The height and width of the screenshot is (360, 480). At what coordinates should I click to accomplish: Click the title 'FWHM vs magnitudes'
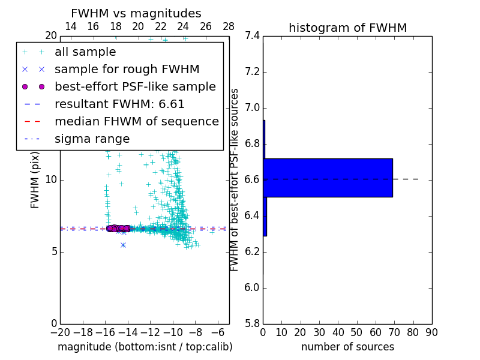point(136,13)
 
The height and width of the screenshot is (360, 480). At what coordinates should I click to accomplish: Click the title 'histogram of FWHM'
point(347,28)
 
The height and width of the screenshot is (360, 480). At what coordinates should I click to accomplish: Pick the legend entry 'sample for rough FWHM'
point(127,70)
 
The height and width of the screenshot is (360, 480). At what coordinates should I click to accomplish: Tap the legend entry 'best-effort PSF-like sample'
point(135,87)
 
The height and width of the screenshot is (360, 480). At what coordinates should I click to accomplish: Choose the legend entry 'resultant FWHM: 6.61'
point(119,104)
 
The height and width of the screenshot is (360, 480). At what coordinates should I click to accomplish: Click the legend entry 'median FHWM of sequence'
point(136,122)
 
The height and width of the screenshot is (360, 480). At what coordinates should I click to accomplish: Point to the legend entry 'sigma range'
point(92,139)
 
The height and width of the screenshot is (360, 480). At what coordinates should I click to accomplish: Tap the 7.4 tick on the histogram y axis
point(252,36)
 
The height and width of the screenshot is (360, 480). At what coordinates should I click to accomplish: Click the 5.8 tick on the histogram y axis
point(252,323)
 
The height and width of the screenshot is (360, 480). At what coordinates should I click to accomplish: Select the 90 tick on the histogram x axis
point(431,332)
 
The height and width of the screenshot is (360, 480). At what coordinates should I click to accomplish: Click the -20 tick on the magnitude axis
point(60,332)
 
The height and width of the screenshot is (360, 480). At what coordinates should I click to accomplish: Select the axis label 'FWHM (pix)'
point(35,180)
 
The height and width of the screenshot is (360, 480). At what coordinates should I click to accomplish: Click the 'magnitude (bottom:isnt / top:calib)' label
point(145,347)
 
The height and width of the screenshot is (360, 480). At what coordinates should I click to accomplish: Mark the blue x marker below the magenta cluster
point(123,245)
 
